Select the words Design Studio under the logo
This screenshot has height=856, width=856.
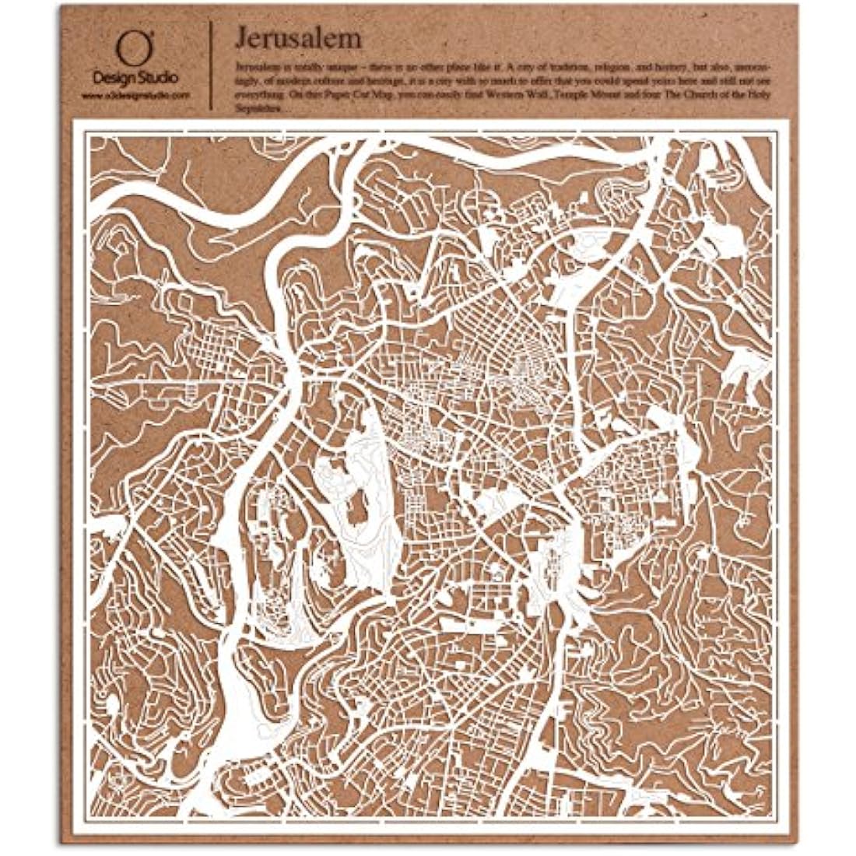click(x=135, y=78)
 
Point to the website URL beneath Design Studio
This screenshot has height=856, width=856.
click(x=135, y=94)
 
